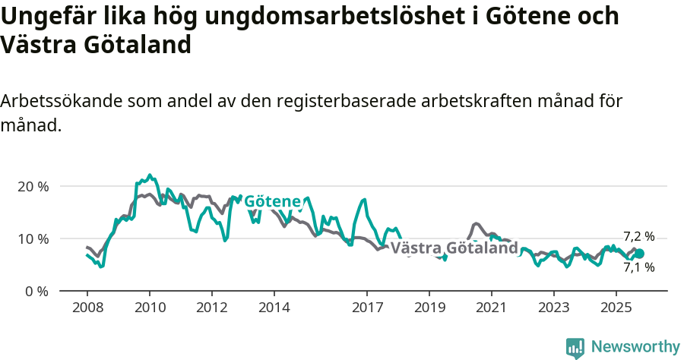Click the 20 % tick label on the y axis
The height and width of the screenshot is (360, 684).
pos(33,186)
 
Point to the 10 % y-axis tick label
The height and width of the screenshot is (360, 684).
pos(33,238)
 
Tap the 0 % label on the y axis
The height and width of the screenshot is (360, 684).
pos(36,291)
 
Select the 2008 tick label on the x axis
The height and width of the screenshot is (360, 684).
pos(87,308)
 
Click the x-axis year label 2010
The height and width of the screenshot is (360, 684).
pos(149,308)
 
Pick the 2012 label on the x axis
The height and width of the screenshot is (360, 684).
pos(211,308)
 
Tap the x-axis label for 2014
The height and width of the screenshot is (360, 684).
pos(274,308)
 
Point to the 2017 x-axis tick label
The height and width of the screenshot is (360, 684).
pos(366,308)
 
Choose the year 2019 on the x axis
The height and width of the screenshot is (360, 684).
pos(429,308)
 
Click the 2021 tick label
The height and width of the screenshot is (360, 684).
pos(491,308)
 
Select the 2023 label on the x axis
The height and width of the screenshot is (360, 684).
pos(553,308)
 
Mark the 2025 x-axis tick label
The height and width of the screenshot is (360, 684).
pos(616,308)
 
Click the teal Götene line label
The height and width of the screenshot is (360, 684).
pos(272,201)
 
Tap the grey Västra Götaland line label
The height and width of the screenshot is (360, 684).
pos(454,248)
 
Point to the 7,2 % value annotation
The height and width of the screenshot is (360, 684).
pos(638,236)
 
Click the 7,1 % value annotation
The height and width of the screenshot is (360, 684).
pos(638,267)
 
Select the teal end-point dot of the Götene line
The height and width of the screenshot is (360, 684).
pos(639,254)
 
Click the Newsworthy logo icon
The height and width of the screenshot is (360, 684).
pos(575,347)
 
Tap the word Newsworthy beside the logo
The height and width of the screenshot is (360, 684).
pos(635,347)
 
